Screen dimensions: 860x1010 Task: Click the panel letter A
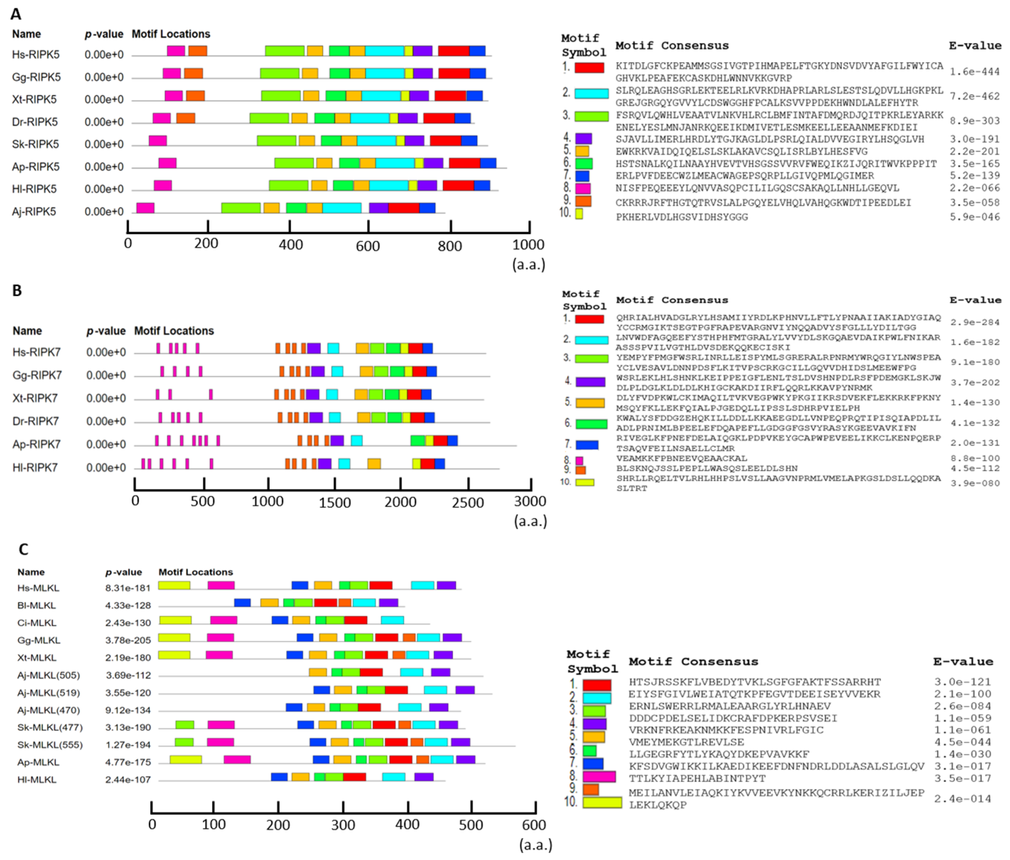click(16, 14)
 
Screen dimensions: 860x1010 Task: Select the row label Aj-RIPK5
click(34, 212)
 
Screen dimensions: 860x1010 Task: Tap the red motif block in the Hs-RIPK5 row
click(453, 51)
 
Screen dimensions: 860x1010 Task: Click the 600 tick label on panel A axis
click(368, 246)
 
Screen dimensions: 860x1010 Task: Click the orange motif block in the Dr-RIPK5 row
click(185, 118)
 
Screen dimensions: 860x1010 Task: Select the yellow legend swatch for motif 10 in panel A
click(579, 213)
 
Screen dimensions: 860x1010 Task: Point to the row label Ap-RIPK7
click(37, 444)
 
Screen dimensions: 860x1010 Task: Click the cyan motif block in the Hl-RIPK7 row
click(344, 464)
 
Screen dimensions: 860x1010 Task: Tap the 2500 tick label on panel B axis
click(468, 503)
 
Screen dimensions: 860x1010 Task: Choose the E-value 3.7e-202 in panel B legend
click(974, 383)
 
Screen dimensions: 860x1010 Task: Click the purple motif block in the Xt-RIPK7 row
click(313, 394)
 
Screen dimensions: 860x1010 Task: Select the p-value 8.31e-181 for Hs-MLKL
click(128, 588)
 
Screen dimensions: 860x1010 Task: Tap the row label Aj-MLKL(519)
click(48, 693)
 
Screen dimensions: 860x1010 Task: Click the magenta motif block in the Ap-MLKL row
click(237, 759)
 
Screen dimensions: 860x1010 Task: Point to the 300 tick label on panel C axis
click(343, 825)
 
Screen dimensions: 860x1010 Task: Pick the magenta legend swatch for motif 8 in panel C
click(599, 777)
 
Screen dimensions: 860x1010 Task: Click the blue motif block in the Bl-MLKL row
click(242, 602)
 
